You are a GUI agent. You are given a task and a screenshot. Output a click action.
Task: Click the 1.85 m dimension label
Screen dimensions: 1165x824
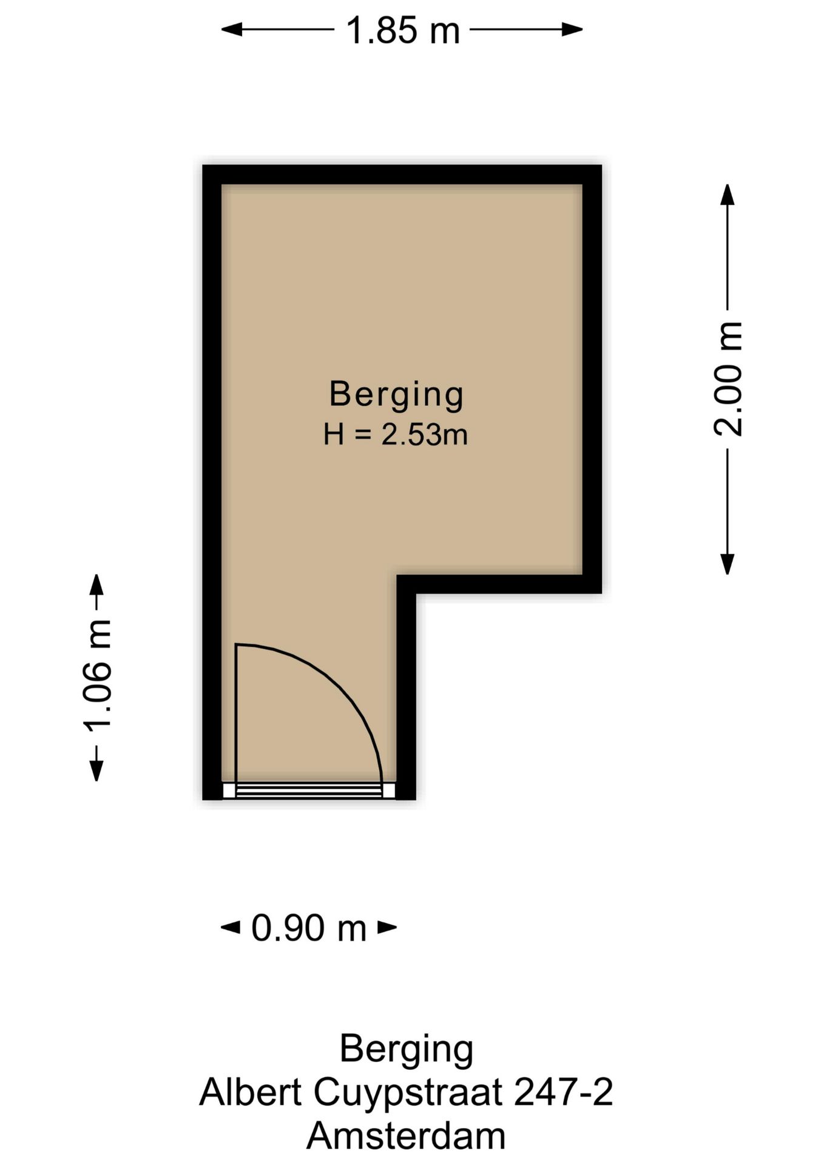[402, 30]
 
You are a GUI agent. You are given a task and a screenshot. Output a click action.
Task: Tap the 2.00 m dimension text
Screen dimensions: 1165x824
[727, 379]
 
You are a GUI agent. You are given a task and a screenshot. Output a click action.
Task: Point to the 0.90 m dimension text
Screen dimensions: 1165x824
[309, 928]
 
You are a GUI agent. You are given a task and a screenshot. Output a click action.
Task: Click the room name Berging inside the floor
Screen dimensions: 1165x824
[396, 394]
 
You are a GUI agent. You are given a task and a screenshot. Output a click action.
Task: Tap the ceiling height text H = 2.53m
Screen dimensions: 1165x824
[395, 435]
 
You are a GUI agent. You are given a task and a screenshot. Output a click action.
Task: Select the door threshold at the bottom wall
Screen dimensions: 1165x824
[308, 791]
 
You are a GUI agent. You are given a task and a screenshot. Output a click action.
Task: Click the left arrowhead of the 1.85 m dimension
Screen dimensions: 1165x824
[231, 29]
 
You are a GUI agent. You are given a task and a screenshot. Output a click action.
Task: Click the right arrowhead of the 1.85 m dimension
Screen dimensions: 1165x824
[573, 29]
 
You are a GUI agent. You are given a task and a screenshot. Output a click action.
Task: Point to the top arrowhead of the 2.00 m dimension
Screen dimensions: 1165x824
[727, 194]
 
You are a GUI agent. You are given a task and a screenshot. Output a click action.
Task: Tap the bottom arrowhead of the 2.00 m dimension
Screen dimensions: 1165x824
[727, 564]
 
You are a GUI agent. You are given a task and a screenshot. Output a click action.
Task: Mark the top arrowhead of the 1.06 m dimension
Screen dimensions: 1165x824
[96, 584]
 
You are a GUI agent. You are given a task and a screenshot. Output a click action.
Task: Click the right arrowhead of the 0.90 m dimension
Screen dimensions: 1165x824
[388, 927]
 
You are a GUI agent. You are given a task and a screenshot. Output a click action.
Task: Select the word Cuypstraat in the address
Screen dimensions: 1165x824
[408, 1092]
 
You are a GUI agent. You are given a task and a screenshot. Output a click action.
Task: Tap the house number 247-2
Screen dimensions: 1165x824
[563, 1092]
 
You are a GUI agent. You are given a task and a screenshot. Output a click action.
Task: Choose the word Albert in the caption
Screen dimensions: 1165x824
[251, 1092]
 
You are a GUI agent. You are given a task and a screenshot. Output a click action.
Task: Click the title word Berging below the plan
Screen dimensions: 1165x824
[406, 1048]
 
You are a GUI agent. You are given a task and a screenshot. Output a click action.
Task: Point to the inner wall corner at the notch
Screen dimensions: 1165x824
[406, 584]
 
